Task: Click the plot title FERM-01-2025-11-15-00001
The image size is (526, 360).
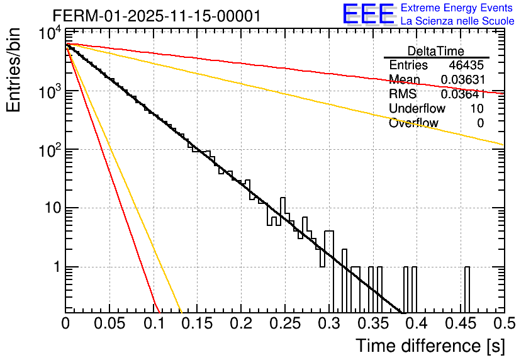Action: pos(156,16)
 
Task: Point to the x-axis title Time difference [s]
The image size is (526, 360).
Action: pos(430,346)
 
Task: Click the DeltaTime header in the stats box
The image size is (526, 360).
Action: pos(436,51)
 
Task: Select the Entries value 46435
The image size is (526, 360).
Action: pos(466,65)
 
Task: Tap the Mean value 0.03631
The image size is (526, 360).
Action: pos(462,80)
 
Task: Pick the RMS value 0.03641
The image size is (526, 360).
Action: pos(462,94)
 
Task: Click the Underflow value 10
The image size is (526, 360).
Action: pos(477,109)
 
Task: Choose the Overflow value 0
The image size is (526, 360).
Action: pos(481,123)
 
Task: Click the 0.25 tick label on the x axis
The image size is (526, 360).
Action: pos(284,323)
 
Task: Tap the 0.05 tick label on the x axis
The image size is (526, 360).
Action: pos(109,323)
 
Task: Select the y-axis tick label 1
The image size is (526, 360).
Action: pos(55,267)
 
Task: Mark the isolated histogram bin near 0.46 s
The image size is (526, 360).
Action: pos(467,290)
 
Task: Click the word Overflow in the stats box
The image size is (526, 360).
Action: pos(413,123)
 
